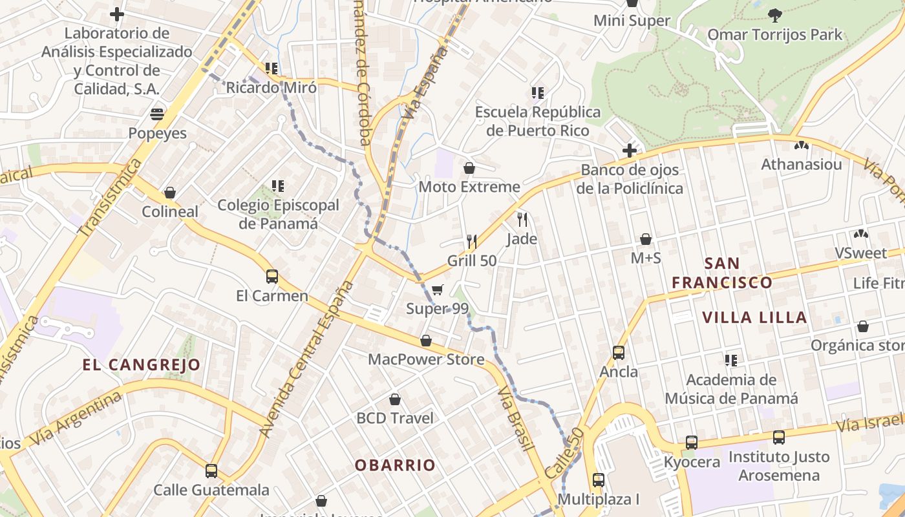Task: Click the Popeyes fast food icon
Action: coord(157,114)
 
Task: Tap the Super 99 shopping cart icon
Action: coord(438,290)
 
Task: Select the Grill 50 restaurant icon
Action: coord(472,242)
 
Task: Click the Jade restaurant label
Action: coord(522,239)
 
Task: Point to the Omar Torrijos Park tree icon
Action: coord(774,15)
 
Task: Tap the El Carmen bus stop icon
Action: coord(272,277)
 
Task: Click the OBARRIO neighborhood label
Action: coord(395,465)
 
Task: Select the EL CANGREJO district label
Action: coord(142,365)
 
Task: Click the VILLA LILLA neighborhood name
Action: coord(754,317)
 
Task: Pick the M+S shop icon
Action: coord(645,239)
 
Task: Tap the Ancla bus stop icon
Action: coord(619,353)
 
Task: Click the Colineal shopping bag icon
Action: coord(170,193)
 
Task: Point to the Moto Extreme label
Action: coord(469,187)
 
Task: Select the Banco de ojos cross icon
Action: coord(630,151)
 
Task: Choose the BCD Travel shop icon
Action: coord(395,399)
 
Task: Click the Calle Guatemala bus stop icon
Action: coord(211,471)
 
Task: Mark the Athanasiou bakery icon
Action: coord(802,145)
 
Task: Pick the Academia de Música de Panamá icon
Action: coord(731,361)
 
